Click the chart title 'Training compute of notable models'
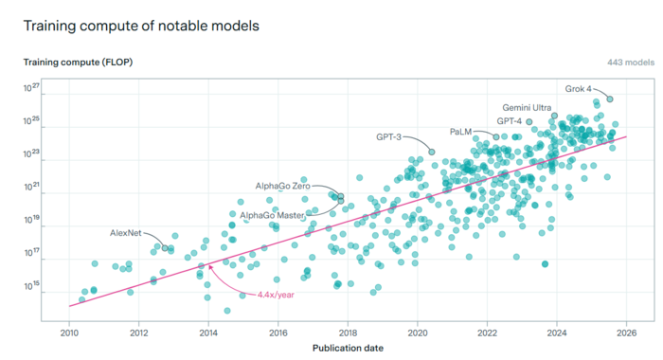(x=141, y=26)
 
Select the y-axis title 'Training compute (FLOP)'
(x=78, y=63)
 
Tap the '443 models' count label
(x=631, y=63)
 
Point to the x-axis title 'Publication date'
(x=348, y=348)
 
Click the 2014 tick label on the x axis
(x=208, y=333)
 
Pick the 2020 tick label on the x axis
(x=418, y=333)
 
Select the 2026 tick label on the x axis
(x=626, y=333)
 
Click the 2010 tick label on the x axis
(x=69, y=333)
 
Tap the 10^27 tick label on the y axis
(x=31, y=87)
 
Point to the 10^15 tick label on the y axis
(x=31, y=286)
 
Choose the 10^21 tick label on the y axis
(x=31, y=187)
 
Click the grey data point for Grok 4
(x=610, y=99)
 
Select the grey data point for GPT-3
(x=432, y=152)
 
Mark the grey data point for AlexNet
(x=165, y=248)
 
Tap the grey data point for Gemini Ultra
(x=554, y=116)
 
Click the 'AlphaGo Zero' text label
(x=283, y=186)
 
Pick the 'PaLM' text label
(x=460, y=132)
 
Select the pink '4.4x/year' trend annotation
(x=276, y=295)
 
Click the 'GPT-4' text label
(x=510, y=121)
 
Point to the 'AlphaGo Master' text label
(x=272, y=215)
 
